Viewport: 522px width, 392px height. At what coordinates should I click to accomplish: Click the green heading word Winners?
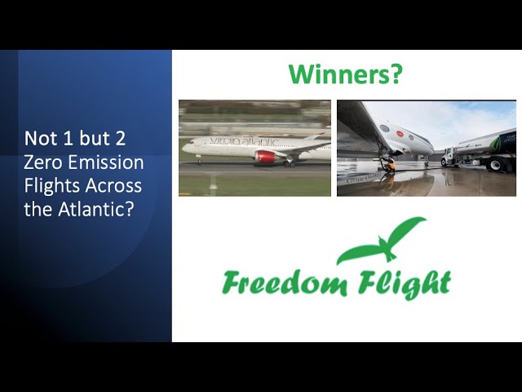[x=345, y=73]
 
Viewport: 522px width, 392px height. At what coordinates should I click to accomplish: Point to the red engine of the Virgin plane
[x=265, y=156]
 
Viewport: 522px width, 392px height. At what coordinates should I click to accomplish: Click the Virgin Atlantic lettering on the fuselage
[x=245, y=141]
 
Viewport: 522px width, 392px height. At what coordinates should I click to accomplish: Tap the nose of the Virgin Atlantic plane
[x=184, y=148]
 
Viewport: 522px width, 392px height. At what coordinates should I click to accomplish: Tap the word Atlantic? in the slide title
[x=96, y=209]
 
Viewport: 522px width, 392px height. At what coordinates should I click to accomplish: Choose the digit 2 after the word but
[x=120, y=138]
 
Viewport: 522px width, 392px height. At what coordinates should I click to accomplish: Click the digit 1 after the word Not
[x=67, y=138]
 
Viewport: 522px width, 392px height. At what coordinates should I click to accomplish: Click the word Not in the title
[x=41, y=138]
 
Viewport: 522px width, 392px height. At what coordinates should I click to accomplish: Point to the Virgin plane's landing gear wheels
[x=289, y=163]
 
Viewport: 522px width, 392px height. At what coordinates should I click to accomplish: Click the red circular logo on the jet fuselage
[x=400, y=134]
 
